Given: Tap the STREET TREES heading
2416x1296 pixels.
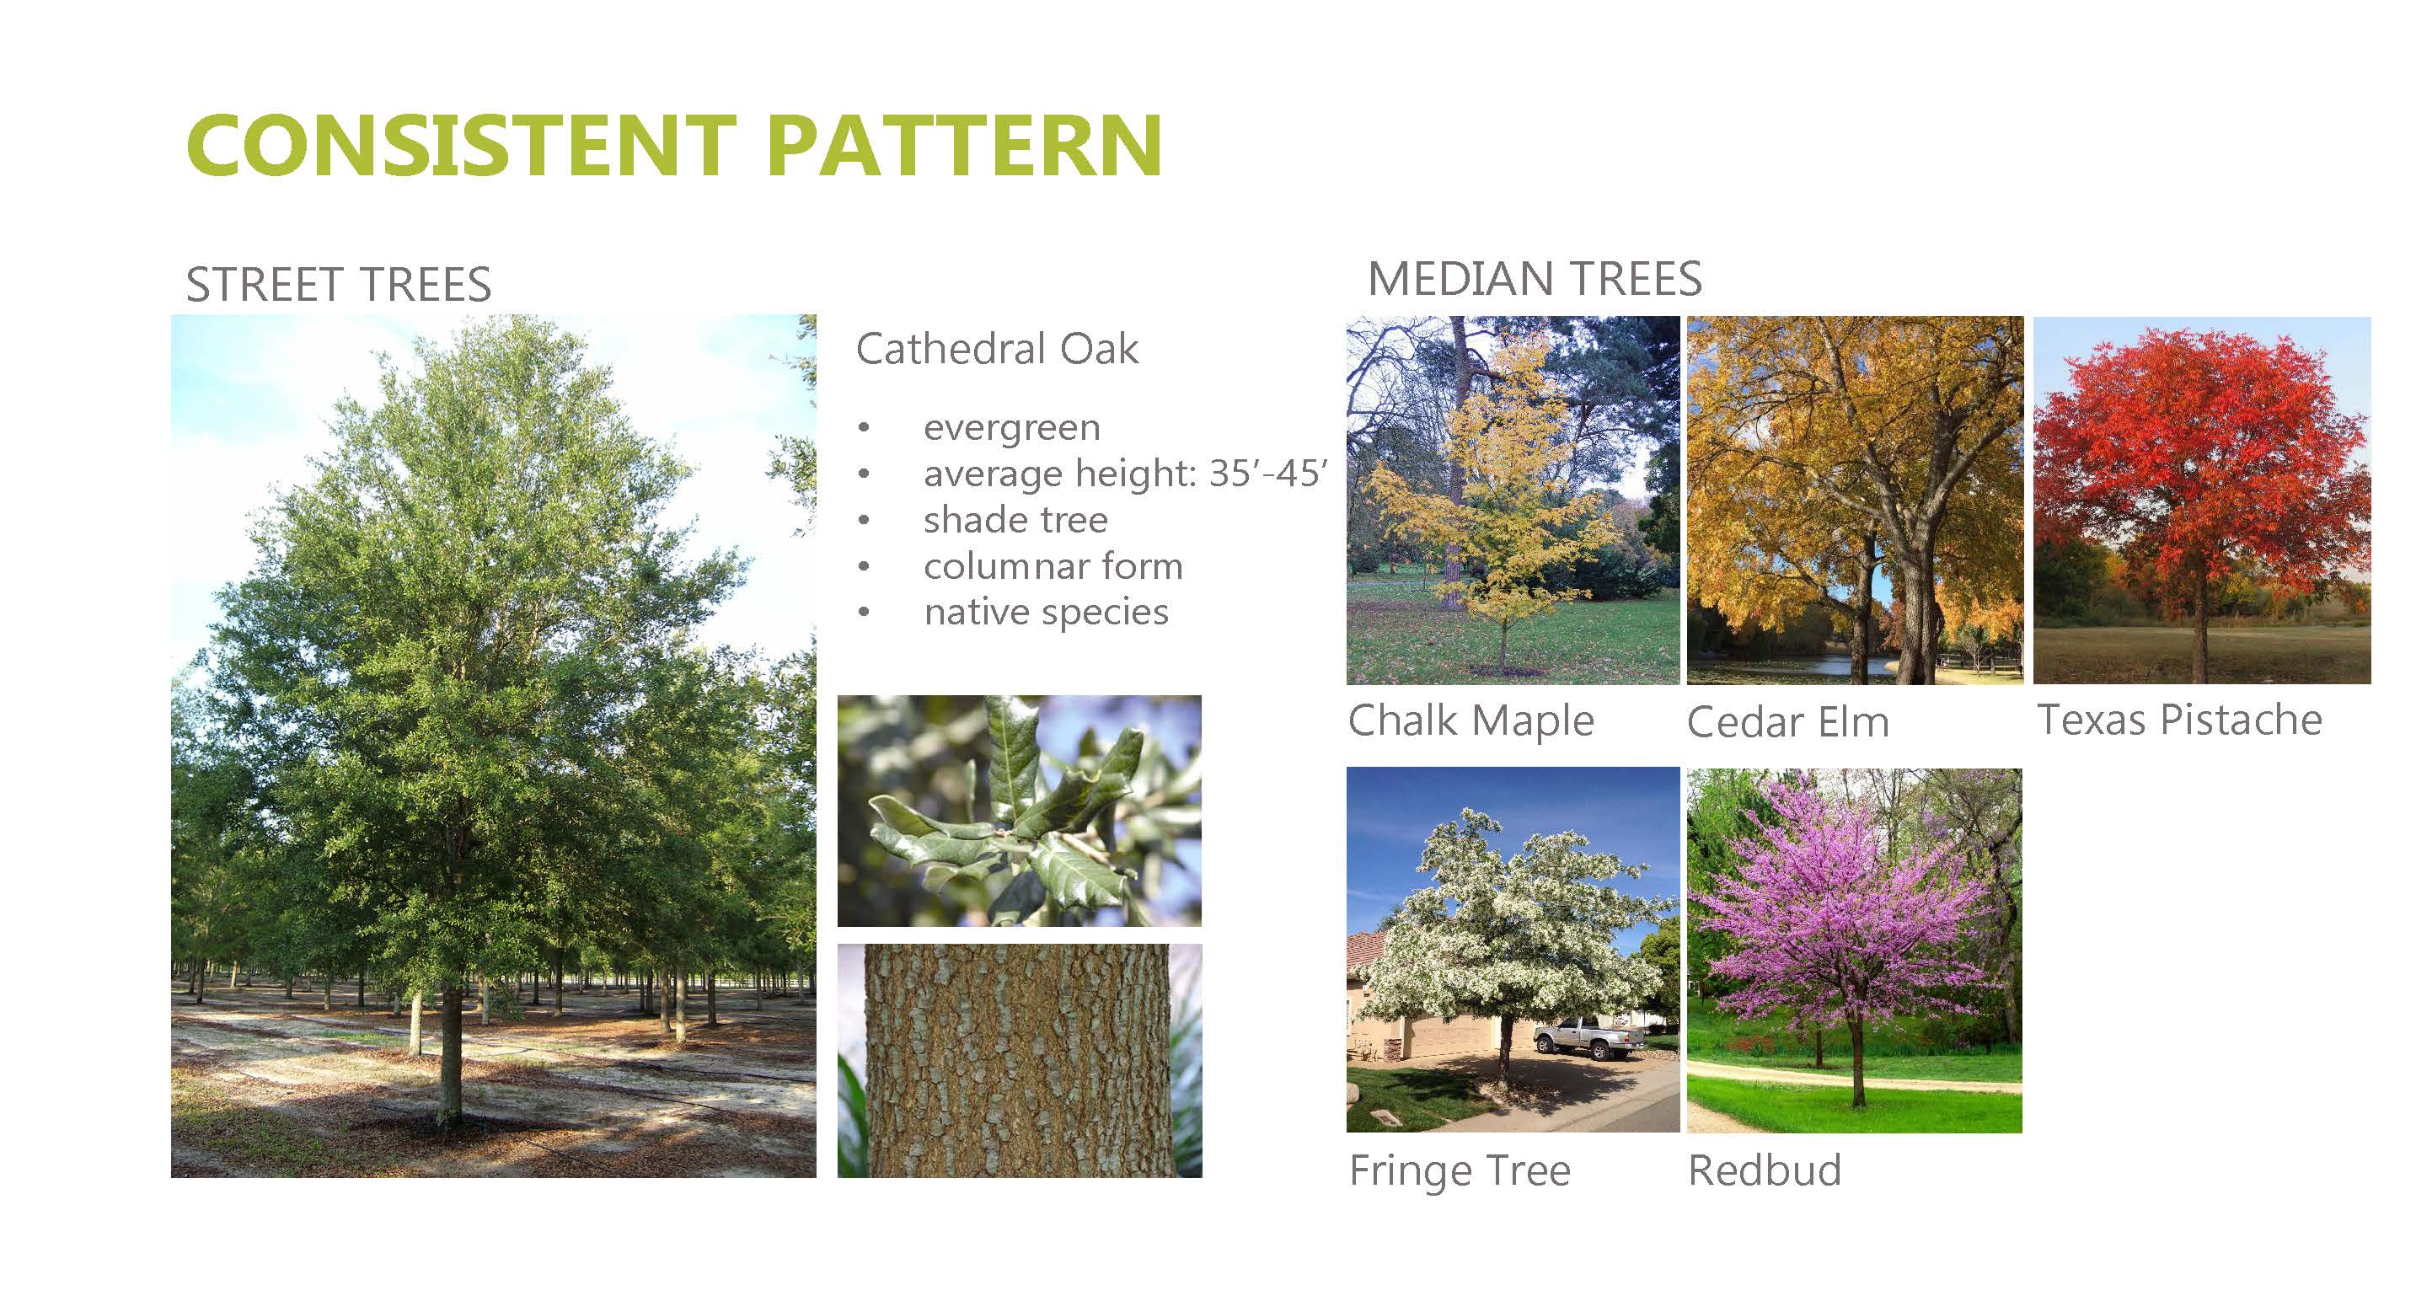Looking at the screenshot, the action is [339, 284].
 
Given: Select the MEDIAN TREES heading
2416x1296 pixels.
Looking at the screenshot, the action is [1535, 279].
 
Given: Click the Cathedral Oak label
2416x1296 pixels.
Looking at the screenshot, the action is [997, 349].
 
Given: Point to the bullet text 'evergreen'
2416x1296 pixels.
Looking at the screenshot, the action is [1012, 427].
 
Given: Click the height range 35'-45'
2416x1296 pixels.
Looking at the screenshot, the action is [1268, 473].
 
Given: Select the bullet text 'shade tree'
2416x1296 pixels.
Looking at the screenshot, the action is [1015, 520].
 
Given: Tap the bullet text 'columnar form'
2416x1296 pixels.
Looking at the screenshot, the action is [1053, 565].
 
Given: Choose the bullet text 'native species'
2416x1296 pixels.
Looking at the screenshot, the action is [1046, 613].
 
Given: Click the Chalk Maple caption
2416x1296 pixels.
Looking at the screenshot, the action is [1470, 720].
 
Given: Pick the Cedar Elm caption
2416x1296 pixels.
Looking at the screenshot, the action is [1787, 722].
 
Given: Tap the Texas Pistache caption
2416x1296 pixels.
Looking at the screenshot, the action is [2180, 720].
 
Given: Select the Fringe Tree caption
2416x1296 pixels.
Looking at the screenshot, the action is [1460, 1170].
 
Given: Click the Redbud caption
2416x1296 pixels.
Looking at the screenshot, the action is [1764, 1170].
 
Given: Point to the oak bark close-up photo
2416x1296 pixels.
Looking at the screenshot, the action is [1020, 1061].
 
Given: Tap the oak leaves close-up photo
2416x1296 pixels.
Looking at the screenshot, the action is [1020, 811].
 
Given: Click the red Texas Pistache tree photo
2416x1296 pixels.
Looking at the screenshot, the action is [2201, 500].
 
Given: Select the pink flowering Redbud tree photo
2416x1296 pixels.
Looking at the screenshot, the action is [1854, 950].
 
